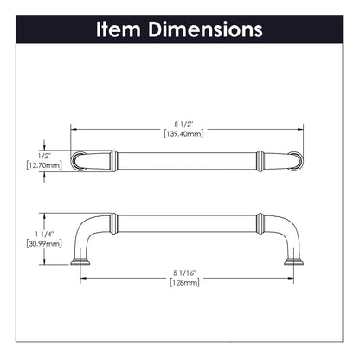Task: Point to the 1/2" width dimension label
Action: click(x=35, y=147)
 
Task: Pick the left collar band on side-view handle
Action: click(x=112, y=222)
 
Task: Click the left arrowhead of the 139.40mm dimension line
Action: click(x=73, y=128)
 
